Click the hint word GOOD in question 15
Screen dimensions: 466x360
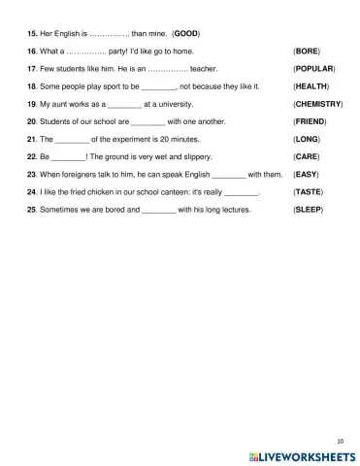[x=185, y=33]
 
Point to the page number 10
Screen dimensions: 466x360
[x=340, y=439]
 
